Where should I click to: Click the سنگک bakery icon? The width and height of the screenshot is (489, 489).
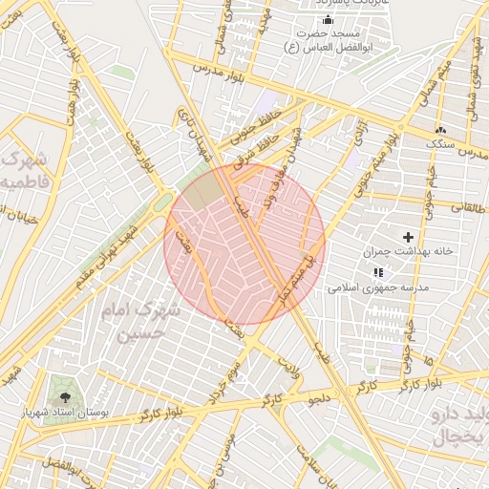(x=439, y=130)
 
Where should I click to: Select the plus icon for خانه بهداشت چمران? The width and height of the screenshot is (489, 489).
(x=409, y=237)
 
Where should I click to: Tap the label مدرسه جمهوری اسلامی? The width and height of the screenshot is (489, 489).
(x=380, y=287)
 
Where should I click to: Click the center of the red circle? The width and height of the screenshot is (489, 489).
(x=244, y=244)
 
